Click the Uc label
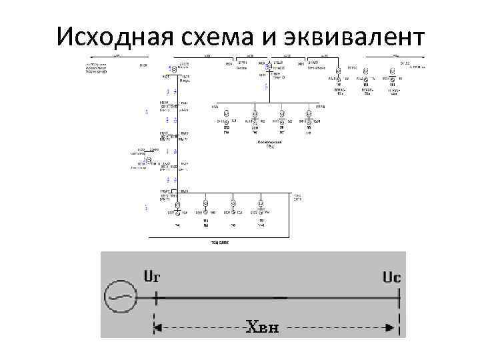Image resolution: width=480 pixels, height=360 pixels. pos(391,277)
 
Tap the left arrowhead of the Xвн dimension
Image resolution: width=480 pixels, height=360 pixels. pos(159,327)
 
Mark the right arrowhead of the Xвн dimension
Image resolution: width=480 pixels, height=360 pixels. pos(395,327)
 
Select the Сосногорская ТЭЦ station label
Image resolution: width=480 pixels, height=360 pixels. pos(270,145)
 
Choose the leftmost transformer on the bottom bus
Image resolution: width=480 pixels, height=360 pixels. pos(178,205)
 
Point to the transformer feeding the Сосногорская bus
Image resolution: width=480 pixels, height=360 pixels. pos(269,67)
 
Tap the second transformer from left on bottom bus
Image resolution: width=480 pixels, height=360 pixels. pos(205,205)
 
